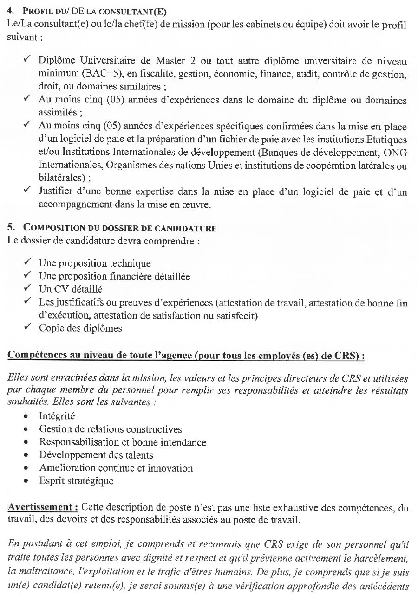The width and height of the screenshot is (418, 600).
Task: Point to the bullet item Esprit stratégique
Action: point(76,481)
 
